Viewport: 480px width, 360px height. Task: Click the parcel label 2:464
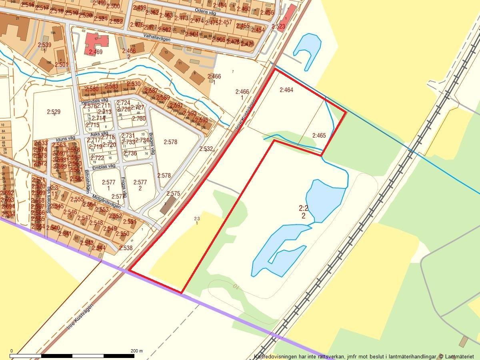pos(286,90)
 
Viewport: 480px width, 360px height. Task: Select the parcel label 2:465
pos(319,136)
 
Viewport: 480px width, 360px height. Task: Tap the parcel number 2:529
pos(54,112)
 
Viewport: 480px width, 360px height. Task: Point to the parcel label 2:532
pos(206,149)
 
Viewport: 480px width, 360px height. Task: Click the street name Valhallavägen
pos(158,37)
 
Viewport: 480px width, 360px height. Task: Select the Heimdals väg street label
pos(95,102)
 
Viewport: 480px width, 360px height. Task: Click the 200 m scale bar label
pos(136,351)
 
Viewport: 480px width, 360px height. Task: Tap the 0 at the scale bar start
pos(11,351)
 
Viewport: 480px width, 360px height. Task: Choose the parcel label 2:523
pos(278,26)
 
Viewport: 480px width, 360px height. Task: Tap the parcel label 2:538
pos(126,248)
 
